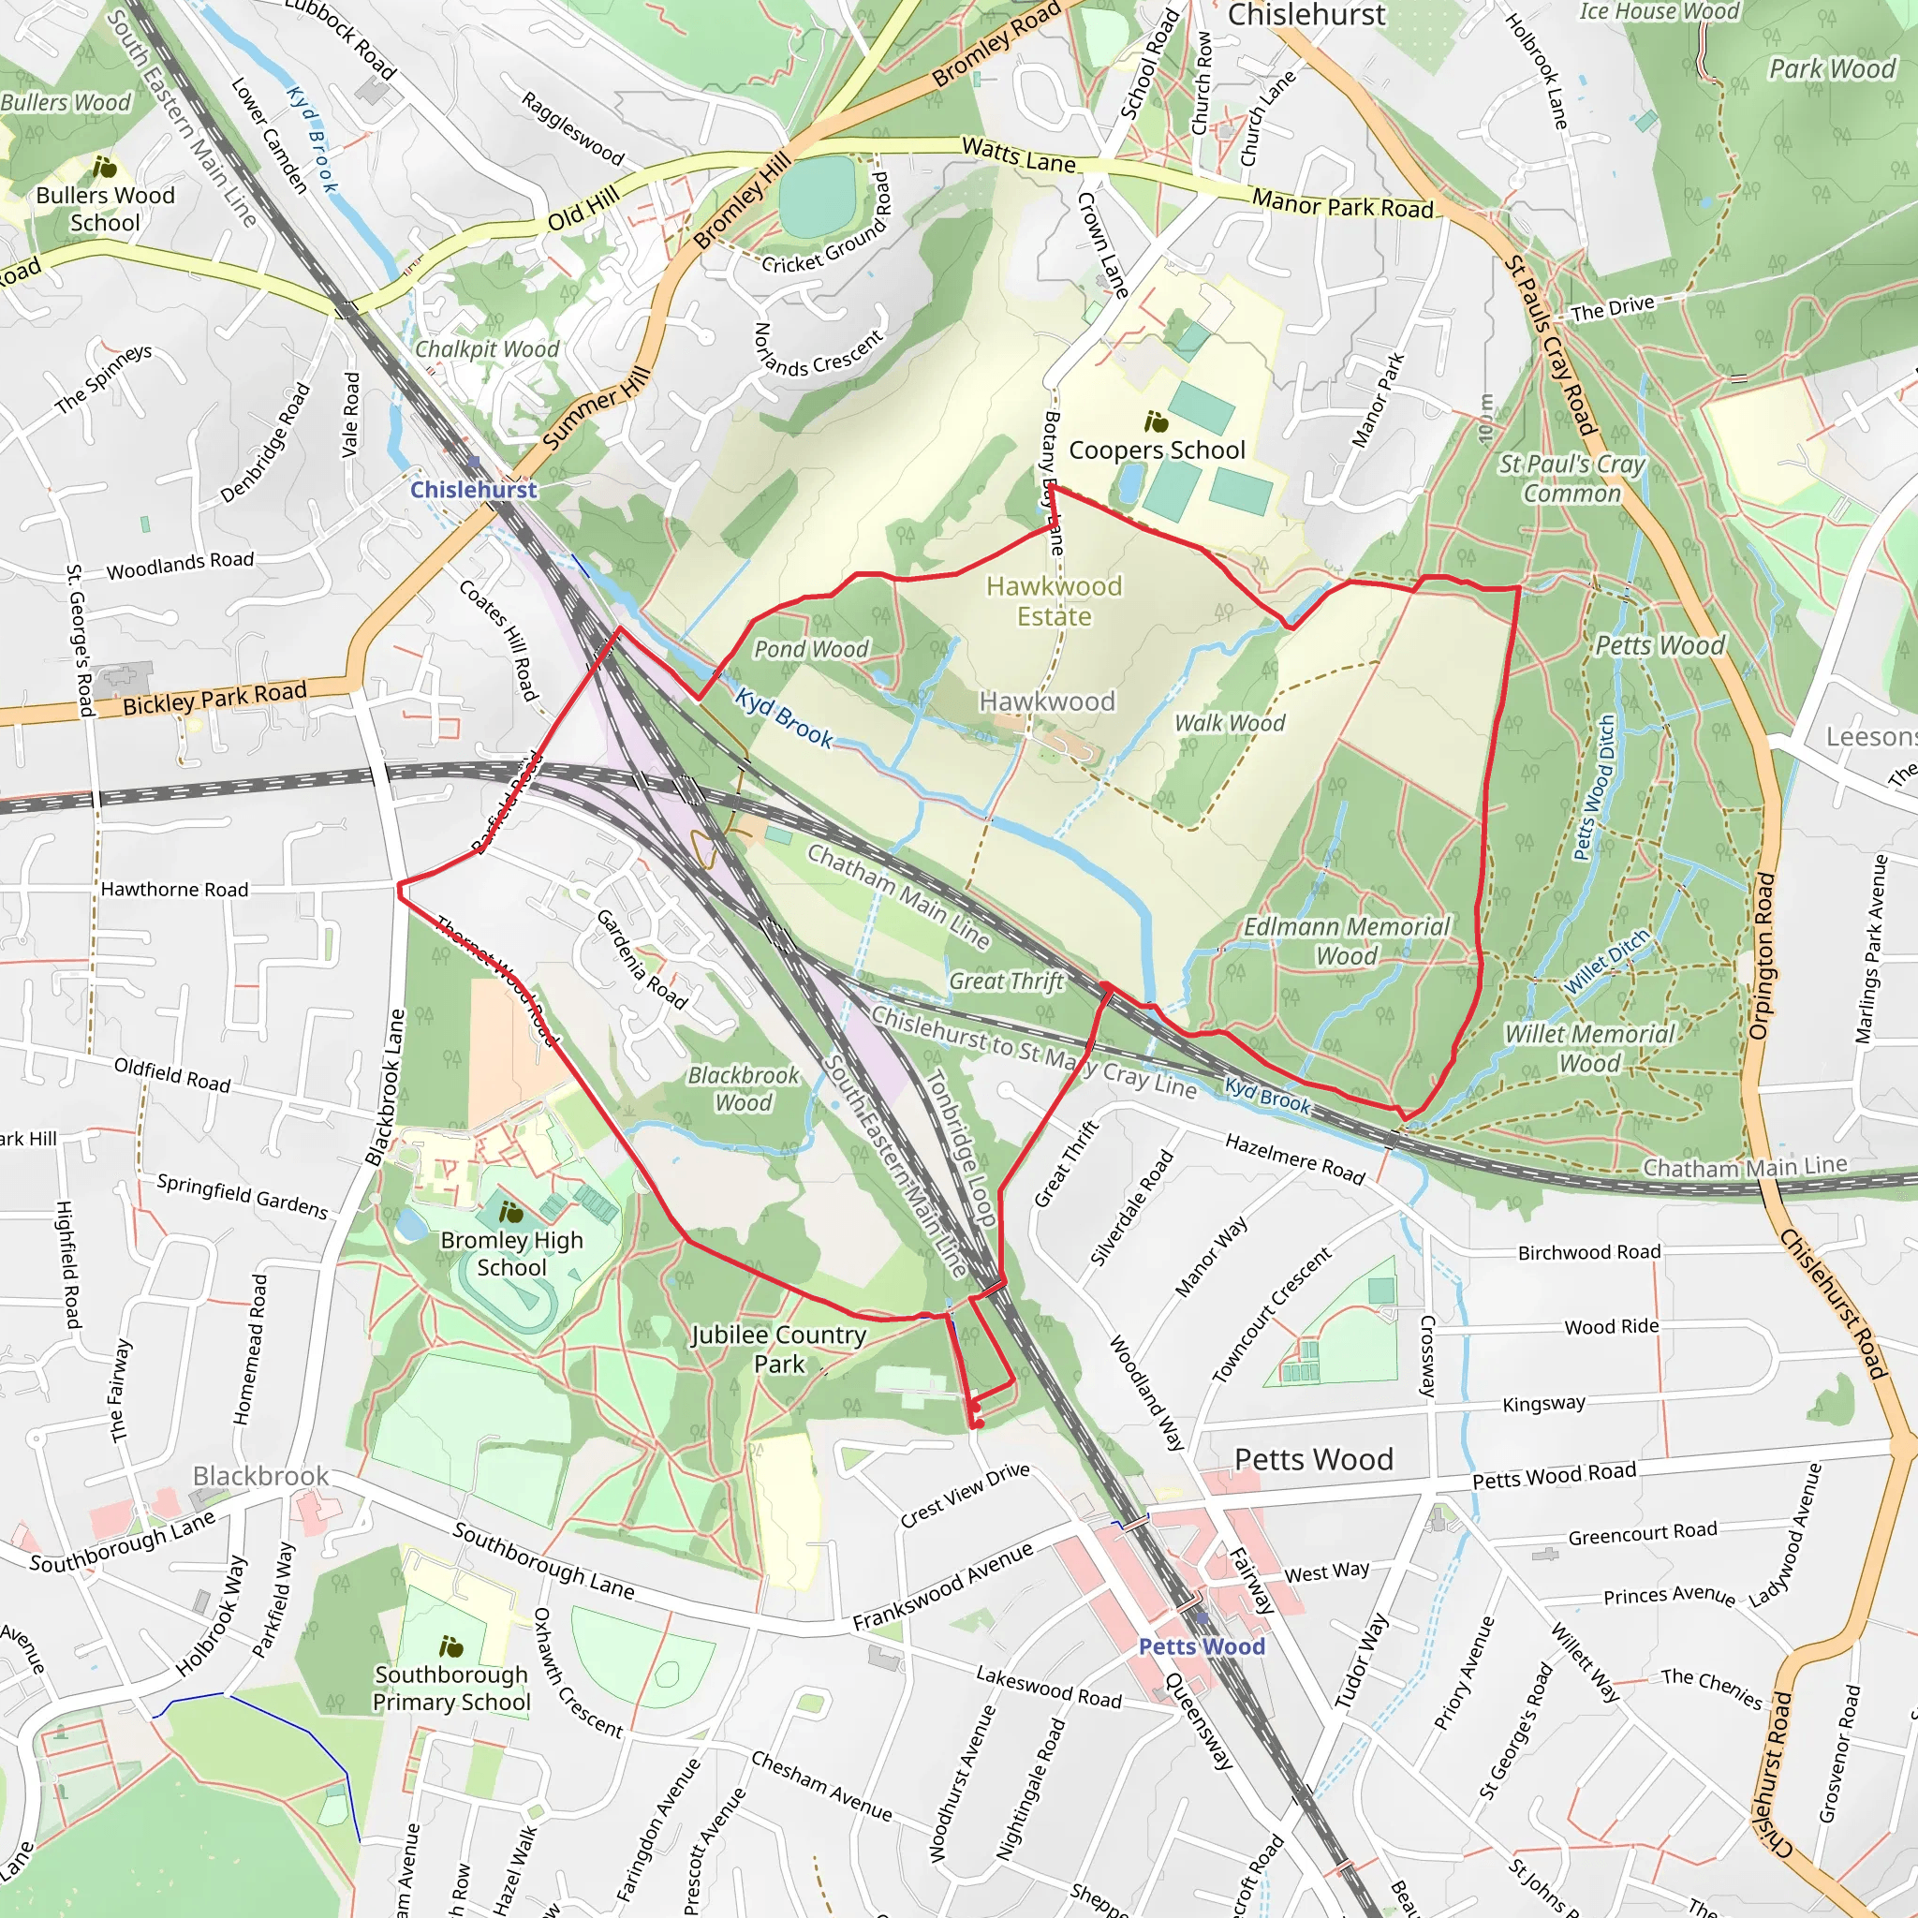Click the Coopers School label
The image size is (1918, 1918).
[x=1157, y=450]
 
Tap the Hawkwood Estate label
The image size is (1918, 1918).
[x=1054, y=601]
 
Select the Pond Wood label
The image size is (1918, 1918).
[x=811, y=649]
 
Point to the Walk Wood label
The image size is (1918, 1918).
[x=1229, y=723]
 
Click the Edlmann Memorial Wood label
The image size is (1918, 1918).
[x=1346, y=941]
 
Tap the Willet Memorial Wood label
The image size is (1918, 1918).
[x=1589, y=1048]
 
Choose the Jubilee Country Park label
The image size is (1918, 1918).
[x=779, y=1350]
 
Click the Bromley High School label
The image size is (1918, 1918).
[x=511, y=1254]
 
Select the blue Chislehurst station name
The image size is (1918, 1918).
[x=474, y=490]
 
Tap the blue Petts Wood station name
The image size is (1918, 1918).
[x=1202, y=1646]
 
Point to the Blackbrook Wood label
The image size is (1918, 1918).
[x=744, y=1089]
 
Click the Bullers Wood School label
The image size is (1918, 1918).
[x=105, y=209]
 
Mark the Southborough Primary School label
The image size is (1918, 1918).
[x=451, y=1688]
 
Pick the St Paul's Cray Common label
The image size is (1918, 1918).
[x=1571, y=479]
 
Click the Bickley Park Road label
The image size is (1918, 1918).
[x=214, y=698]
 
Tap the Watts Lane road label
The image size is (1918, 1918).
[x=1019, y=155]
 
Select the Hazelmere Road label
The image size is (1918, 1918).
[x=1294, y=1158]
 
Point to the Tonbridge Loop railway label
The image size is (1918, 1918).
[x=961, y=1146]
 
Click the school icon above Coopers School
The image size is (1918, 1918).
[x=1156, y=423]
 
